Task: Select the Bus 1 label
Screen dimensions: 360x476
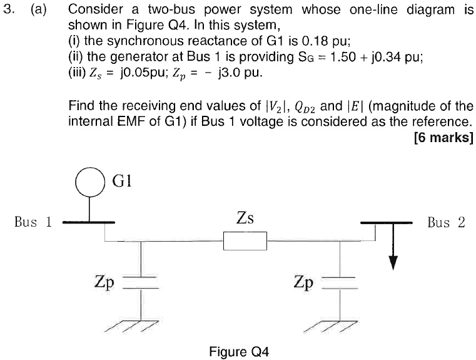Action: pos(34,222)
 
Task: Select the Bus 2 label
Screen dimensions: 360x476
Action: pos(446,222)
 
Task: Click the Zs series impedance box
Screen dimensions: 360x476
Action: pos(245,240)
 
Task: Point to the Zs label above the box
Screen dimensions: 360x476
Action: pos(245,219)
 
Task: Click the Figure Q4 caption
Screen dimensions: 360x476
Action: pos(239,351)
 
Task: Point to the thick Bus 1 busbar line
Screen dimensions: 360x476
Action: pos(88,222)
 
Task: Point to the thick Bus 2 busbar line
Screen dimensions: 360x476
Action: pos(386,222)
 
